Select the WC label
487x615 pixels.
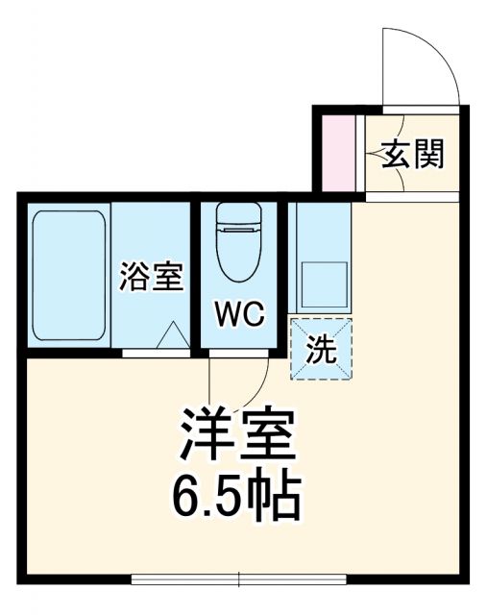point(237,315)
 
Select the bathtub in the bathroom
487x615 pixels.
point(68,276)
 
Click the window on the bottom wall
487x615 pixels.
point(240,579)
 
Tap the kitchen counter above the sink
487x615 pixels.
point(323,231)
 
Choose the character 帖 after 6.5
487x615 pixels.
point(279,496)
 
